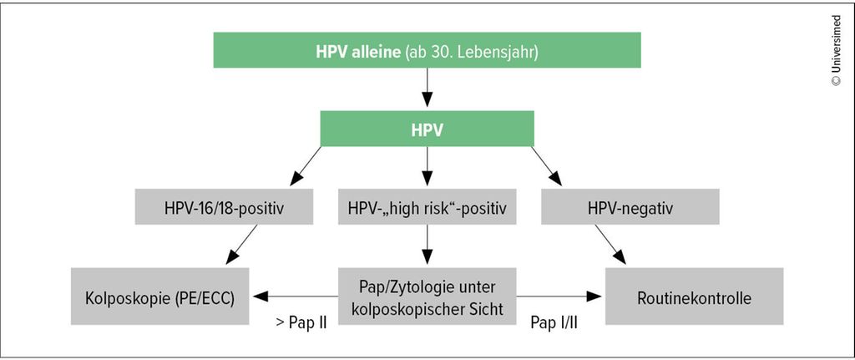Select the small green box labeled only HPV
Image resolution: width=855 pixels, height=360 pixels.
427,129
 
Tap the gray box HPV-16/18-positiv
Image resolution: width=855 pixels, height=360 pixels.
224,206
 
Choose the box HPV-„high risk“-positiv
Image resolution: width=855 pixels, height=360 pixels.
427,206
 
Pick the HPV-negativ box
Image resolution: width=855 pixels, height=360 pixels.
630,206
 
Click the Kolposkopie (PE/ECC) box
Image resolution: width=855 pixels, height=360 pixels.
159,297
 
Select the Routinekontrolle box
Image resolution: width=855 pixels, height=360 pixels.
694,297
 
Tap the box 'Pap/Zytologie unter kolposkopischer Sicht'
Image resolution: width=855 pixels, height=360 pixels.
427,297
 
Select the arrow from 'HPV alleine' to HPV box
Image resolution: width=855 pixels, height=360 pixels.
427,87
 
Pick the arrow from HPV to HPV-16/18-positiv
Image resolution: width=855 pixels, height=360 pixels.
306,166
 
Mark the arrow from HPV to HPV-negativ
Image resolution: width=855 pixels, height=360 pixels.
546,166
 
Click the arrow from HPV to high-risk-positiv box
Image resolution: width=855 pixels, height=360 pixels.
427,166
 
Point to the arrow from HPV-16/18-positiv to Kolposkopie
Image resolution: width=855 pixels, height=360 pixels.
241,245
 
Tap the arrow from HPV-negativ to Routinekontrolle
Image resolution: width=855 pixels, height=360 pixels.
610,245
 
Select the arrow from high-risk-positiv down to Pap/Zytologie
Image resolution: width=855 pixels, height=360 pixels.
427,245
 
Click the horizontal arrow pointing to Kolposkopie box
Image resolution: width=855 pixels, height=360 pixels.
296,297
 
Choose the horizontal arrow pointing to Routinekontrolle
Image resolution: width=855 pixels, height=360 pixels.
559,297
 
